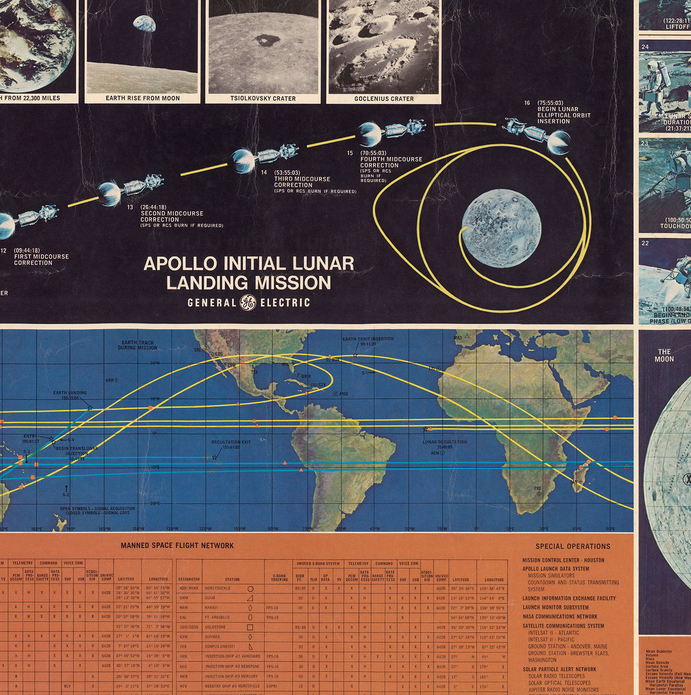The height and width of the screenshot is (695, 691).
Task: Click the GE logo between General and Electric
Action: (x=248, y=303)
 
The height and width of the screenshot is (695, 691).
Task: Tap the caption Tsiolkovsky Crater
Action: (x=263, y=98)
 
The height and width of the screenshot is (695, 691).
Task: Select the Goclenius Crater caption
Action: (x=384, y=99)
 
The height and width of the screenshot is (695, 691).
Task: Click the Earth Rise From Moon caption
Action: (x=143, y=98)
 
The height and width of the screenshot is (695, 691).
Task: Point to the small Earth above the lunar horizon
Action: (x=144, y=24)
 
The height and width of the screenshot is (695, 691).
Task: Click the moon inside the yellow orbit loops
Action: (x=501, y=228)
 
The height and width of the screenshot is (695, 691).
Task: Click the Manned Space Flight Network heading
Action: (x=177, y=545)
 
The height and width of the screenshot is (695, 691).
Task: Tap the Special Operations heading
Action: (x=572, y=546)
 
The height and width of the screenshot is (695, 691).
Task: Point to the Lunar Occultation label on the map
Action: (x=444, y=442)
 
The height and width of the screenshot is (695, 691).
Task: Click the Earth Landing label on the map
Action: (x=70, y=393)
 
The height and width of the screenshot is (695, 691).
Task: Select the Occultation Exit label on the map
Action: (x=231, y=442)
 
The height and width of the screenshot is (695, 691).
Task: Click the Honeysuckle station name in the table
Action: (x=218, y=588)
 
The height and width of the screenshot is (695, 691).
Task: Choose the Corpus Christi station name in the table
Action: (x=220, y=647)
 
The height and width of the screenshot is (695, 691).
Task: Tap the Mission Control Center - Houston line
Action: (x=563, y=560)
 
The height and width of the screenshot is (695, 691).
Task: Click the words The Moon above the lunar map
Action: (x=664, y=355)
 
